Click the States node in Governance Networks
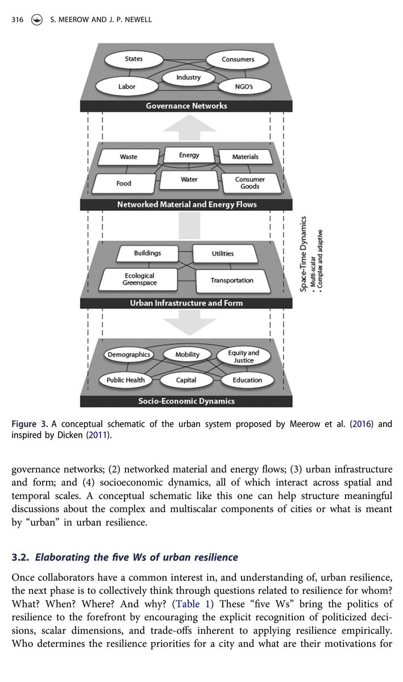pos(134,59)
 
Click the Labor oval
pos(127,86)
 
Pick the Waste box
pos(128,156)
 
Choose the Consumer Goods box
pos(250,183)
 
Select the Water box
pos(189,180)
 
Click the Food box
pos(124,184)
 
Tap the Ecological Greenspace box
pos(140,279)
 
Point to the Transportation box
pos(232,280)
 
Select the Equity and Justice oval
pos(243,356)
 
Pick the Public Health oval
pos(126,380)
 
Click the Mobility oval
pos(187,354)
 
